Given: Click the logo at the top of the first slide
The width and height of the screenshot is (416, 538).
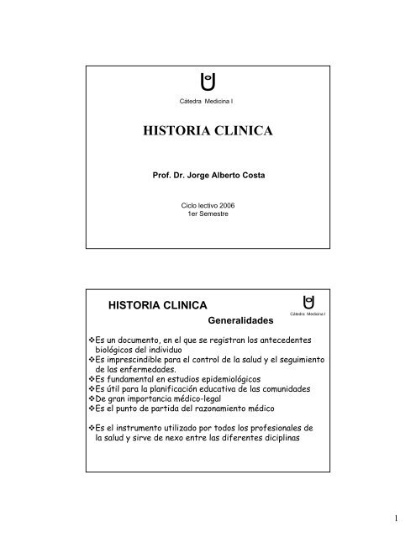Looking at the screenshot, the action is point(208,83).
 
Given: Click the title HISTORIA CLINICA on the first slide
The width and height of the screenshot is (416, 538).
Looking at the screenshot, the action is point(208,133).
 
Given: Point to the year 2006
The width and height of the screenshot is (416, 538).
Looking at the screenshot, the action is point(224,204).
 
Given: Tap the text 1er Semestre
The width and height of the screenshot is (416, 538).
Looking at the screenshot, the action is point(208,214).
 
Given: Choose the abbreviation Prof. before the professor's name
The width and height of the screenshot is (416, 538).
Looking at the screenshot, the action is point(162,179).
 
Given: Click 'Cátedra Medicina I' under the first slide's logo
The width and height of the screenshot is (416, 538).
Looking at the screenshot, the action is point(208,102).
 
